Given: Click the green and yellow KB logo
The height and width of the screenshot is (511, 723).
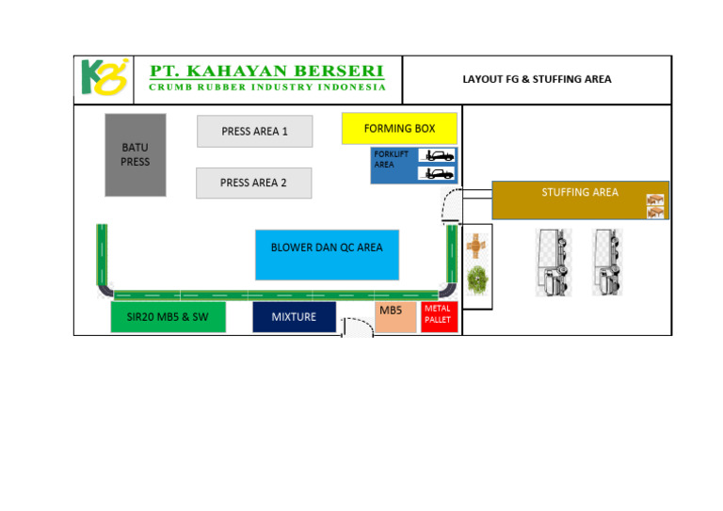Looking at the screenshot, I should (103, 79).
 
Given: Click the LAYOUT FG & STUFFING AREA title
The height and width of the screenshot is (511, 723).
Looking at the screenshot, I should (537, 79).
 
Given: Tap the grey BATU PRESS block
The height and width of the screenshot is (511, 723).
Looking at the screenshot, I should (135, 155).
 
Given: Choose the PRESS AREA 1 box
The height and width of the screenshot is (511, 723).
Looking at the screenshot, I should (254, 132).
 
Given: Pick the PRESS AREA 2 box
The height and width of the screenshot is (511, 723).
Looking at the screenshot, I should (253, 183).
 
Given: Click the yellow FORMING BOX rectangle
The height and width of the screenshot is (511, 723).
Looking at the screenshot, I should (399, 129).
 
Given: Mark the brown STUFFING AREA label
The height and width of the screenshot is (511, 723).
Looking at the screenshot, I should (580, 193).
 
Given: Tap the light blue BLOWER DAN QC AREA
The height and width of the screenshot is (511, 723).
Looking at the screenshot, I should (327, 248).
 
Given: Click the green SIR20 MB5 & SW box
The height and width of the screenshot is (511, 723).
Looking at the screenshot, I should (168, 317).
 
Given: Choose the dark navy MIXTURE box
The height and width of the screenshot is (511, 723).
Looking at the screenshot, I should (294, 317).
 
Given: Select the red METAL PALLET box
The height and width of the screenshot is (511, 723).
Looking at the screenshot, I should (438, 316).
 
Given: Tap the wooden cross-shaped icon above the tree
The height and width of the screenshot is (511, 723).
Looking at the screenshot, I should (477, 246).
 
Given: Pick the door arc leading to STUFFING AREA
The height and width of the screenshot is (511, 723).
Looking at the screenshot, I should (452, 202).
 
